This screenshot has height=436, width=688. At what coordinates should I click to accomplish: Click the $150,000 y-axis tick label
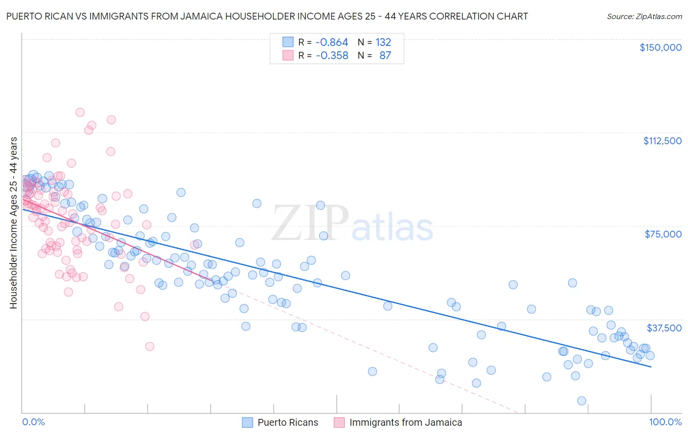click(660, 47)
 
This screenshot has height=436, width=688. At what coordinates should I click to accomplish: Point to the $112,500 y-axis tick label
click(662, 141)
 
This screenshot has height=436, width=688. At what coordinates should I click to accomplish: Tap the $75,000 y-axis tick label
click(663, 234)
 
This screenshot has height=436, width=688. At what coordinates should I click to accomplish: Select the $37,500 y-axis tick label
click(664, 327)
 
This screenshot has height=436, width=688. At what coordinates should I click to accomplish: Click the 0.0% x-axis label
click(34, 422)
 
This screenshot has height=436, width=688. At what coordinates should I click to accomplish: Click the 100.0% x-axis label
click(665, 422)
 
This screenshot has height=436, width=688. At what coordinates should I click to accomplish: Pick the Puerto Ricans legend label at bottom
click(288, 422)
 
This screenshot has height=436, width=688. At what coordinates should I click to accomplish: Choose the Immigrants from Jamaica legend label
click(406, 422)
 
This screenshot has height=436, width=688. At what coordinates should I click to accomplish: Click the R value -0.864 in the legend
click(332, 43)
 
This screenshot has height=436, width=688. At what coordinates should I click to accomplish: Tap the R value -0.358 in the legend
click(332, 55)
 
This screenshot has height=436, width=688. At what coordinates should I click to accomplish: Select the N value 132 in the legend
click(383, 43)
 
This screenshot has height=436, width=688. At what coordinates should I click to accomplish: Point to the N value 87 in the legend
click(385, 55)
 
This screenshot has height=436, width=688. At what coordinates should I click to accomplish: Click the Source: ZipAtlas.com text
click(644, 16)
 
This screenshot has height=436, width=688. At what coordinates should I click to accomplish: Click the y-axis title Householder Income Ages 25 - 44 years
click(14, 222)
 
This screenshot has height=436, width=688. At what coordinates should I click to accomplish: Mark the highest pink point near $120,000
click(80, 112)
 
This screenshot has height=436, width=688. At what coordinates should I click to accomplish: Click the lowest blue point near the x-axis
click(581, 401)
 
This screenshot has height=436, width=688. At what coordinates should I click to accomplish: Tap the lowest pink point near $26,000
click(150, 346)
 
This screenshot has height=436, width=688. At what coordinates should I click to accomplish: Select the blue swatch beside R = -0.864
click(288, 43)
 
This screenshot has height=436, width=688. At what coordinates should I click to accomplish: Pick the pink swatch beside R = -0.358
click(288, 55)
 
